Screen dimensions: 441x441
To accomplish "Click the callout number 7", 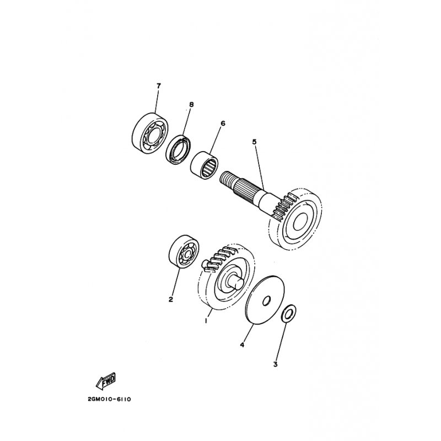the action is pos(158,86).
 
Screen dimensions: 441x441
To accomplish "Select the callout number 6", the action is pos(223,123).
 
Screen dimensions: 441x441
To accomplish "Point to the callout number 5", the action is pos(254,142).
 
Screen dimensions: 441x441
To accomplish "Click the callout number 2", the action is pos(171,299).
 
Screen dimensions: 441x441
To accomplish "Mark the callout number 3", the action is pos(276,364).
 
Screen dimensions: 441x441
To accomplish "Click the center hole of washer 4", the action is pos(267,301).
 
